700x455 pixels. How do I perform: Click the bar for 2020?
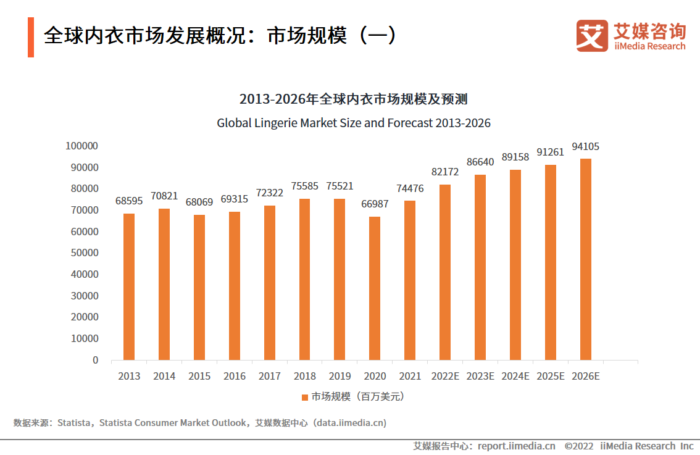[x=375, y=288]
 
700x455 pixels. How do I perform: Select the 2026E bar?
[x=586, y=259]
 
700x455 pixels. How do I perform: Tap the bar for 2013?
[x=128, y=286]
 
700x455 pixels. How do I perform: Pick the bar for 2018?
[x=304, y=279]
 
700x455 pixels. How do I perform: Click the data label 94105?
[x=586, y=147]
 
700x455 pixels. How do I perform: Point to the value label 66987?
[x=375, y=204]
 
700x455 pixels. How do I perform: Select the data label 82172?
[x=445, y=172]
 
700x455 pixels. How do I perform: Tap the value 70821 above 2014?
[x=164, y=196]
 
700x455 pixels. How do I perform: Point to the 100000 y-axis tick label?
[x=81, y=146]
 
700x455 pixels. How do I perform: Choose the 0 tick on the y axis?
[x=95, y=360]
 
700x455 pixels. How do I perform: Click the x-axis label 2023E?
[x=480, y=376]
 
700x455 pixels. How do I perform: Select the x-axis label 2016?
[x=234, y=376]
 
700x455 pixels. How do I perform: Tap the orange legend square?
[x=304, y=397]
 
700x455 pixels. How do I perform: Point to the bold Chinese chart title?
[x=353, y=99]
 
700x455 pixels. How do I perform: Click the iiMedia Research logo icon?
[x=591, y=36]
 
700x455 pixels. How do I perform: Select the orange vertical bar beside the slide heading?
[x=31, y=38]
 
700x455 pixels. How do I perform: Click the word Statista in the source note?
[x=74, y=423]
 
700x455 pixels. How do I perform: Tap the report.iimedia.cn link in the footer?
[x=516, y=446]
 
